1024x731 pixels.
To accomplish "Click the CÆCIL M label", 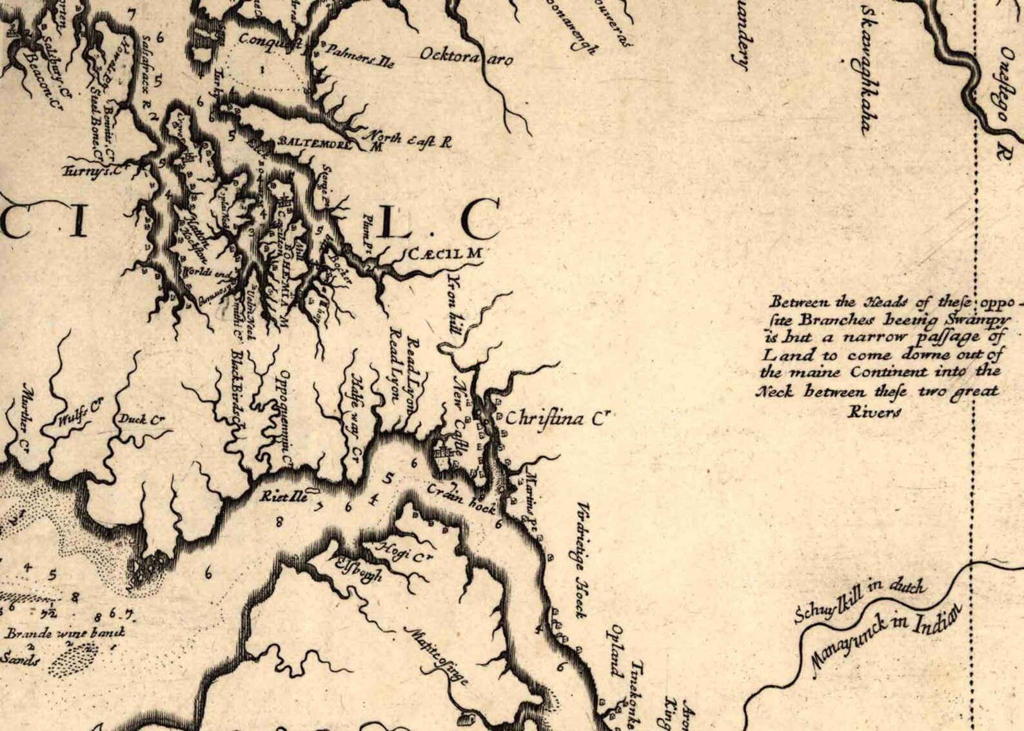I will pyautogui.click(x=445, y=253).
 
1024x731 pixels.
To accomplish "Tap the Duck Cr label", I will pyautogui.click(x=141, y=420).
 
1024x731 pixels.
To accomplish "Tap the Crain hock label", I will pyautogui.click(x=461, y=498).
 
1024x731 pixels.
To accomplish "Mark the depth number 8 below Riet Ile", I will pyautogui.click(x=279, y=522).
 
